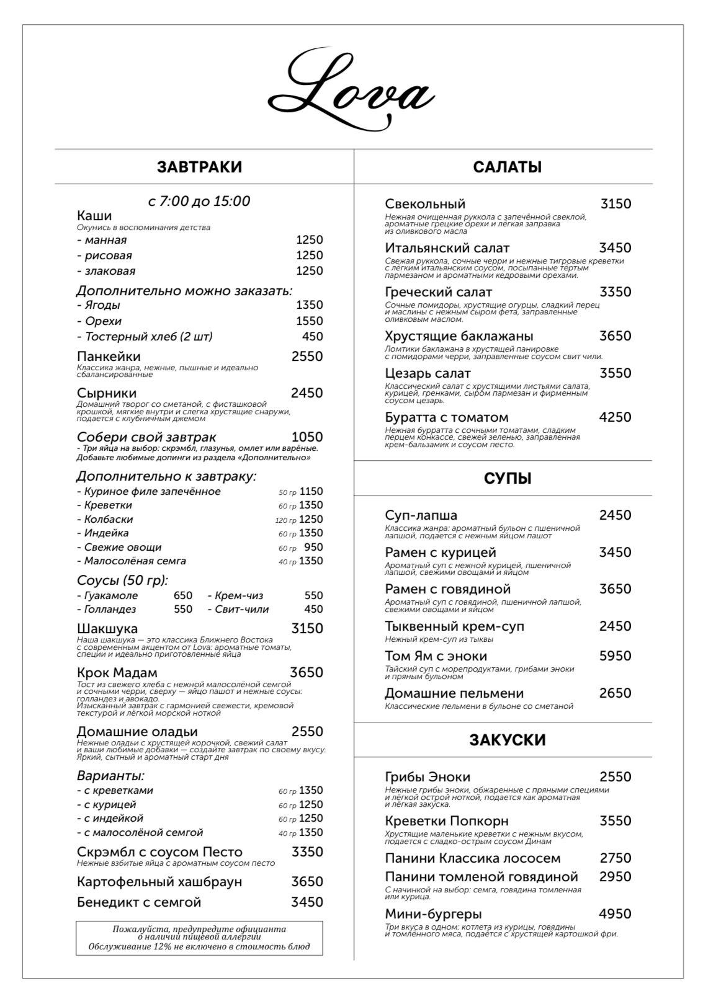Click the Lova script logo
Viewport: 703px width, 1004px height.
coord(351,90)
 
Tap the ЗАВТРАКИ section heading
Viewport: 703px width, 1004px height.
coord(199,167)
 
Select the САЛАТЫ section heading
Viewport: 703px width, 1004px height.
coord(507,167)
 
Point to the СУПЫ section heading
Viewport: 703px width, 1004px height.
coord(508,478)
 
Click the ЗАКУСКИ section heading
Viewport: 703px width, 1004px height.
coord(507,740)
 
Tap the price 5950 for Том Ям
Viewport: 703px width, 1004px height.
coord(615,656)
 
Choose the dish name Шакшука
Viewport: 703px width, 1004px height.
coord(107,629)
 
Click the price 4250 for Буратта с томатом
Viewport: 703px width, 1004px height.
coord(615,417)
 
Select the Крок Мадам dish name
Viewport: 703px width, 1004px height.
coord(117,673)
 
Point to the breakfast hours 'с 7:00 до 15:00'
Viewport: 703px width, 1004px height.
coord(199,201)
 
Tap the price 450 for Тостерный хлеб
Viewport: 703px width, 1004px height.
coord(312,337)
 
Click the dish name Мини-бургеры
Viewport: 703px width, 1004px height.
coord(433,914)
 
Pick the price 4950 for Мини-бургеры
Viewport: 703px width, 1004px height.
coord(615,914)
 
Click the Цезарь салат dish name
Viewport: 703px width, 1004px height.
coord(428,373)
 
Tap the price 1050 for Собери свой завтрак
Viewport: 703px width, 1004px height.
coord(307,437)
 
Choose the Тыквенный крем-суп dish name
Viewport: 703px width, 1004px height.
coord(454,626)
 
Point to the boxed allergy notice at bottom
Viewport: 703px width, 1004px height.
coord(199,938)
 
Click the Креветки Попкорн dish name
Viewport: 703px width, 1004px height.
coord(446,821)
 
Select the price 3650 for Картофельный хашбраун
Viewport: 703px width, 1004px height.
coord(307,882)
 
